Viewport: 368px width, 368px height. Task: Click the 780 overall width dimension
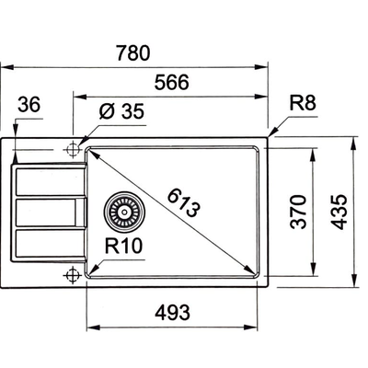tap(133, 52)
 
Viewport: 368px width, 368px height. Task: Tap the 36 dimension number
tap(30, 107)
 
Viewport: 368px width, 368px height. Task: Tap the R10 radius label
tap(122, 246)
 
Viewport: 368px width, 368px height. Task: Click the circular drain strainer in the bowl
tap(121, 213)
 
